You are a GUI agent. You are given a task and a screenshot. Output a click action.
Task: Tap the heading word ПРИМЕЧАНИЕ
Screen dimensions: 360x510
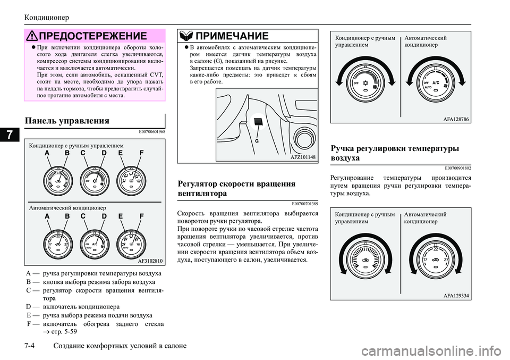[233, 36]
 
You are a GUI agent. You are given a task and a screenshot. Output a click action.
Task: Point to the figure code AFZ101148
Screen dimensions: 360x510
[303, 157]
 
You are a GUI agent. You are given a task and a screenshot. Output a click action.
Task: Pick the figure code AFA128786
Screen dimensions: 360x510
[456, 120]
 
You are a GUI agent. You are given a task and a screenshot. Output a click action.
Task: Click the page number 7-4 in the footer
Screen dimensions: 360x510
[31, 346]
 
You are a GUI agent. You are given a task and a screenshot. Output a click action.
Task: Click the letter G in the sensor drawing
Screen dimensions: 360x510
[256, 142]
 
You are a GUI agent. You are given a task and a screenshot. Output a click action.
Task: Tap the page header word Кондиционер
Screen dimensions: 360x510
[47, 18]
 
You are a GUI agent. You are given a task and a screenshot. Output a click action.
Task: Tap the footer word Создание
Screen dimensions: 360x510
[72, 346]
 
